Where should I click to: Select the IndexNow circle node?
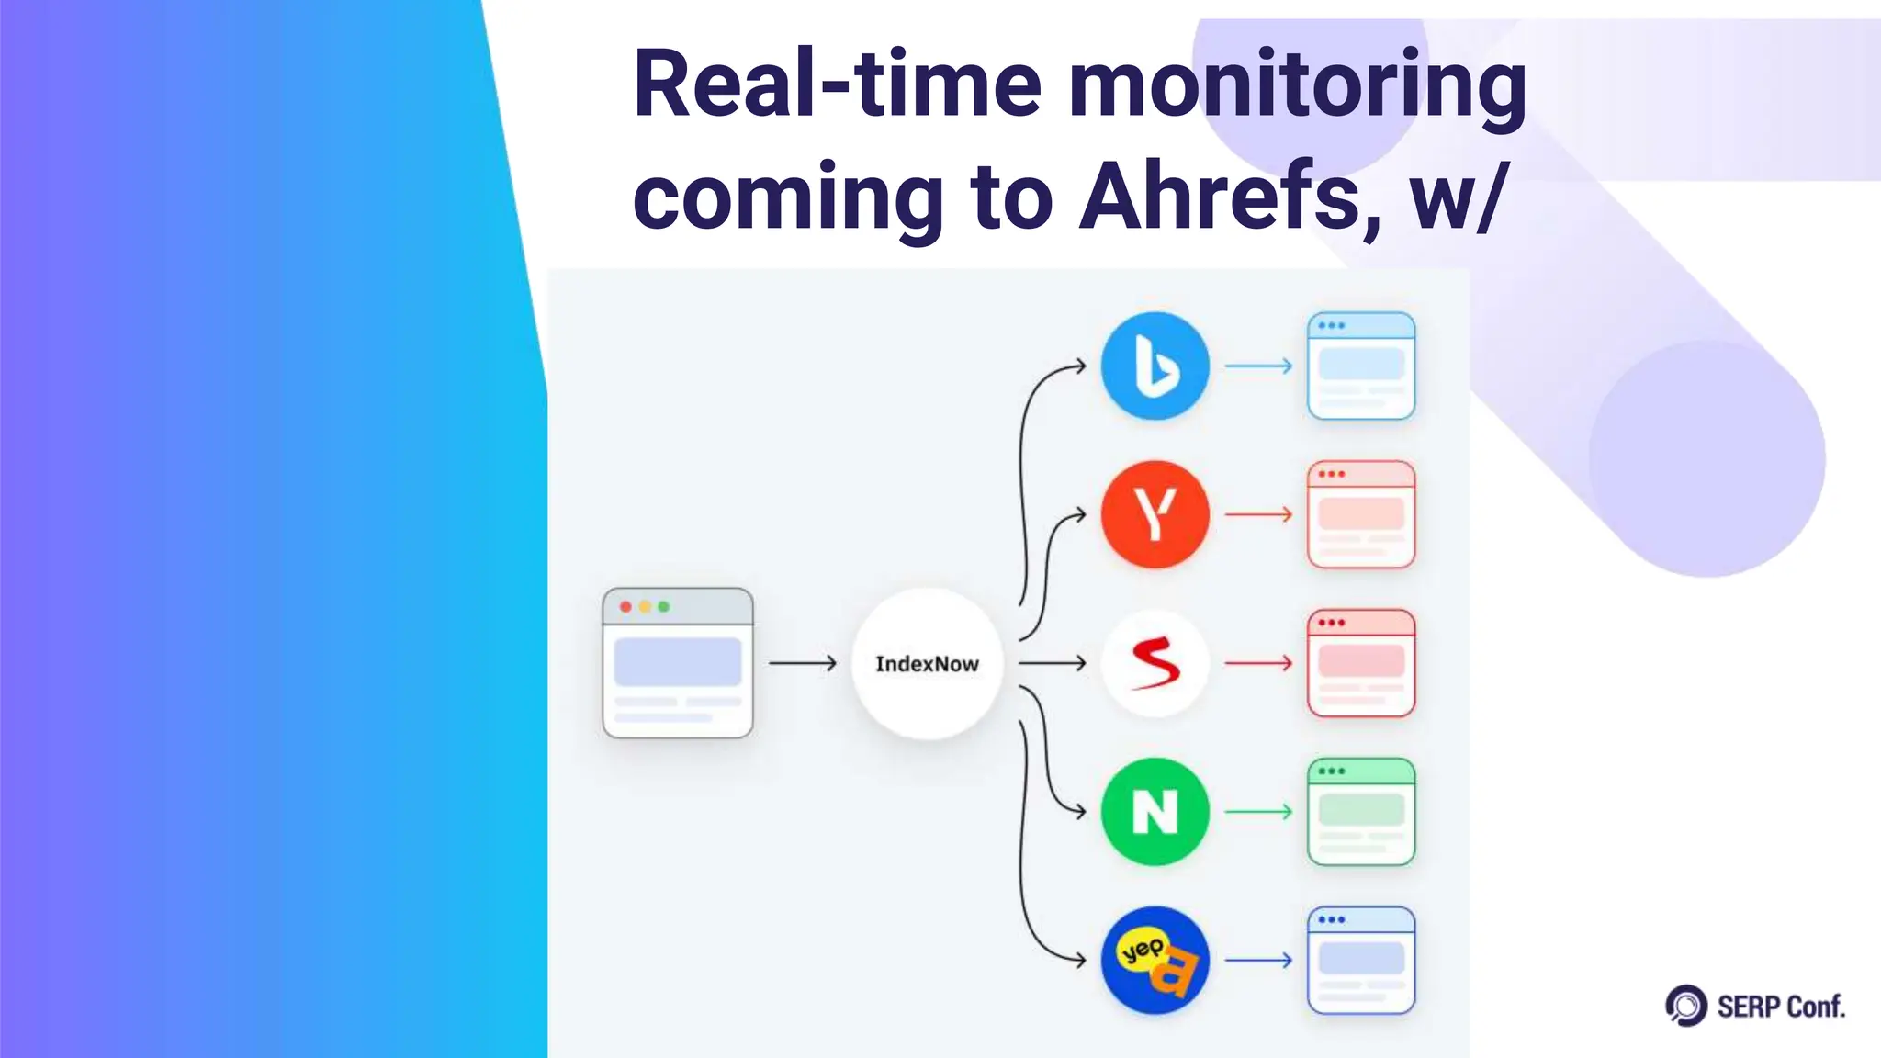927,663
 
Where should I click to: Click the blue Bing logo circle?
1155,366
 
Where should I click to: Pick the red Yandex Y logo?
1155,514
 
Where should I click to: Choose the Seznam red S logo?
1155,663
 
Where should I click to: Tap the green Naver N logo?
1155,812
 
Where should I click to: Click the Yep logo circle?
1155,961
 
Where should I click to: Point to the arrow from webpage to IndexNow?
802,663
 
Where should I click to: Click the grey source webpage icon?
678,663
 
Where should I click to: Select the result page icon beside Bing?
1361,366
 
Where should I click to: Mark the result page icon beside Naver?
1361,812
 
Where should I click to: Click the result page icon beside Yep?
1361,961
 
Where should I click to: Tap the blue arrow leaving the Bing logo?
1258,366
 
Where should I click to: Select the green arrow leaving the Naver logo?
1258,812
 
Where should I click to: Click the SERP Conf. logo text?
1780,1007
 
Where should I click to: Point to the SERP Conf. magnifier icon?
1686,1006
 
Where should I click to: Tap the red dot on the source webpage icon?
625,607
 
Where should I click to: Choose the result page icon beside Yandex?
1361,514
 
